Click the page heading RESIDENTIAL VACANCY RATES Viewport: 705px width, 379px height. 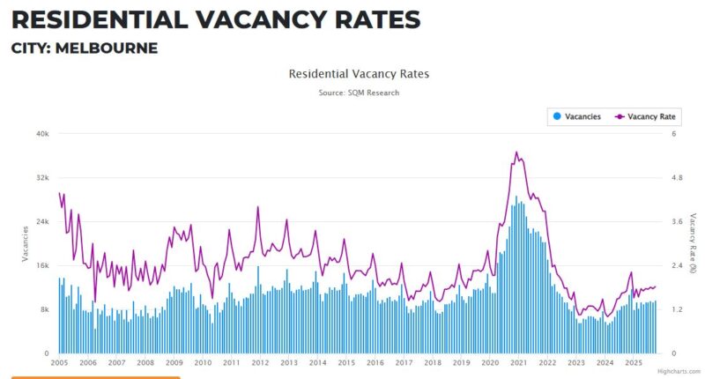215,19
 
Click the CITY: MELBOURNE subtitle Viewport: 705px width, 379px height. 85,48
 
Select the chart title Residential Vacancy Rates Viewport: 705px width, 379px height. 359,74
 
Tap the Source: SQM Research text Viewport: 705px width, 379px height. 359,92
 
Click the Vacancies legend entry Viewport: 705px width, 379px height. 577,116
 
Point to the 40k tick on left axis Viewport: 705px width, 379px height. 41,133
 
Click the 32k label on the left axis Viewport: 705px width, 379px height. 41,177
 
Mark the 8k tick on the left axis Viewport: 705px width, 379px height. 43,309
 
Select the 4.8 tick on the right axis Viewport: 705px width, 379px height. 678,177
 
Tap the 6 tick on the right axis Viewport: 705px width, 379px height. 674,133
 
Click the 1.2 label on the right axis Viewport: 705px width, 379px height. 678,309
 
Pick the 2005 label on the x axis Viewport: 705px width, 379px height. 60,362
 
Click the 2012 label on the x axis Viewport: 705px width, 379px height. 260,362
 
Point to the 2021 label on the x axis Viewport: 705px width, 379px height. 519,362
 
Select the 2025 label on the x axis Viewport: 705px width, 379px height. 633,362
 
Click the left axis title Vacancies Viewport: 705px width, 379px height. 25,242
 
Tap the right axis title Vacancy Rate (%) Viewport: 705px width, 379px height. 694,242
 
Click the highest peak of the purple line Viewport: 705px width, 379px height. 517,152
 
